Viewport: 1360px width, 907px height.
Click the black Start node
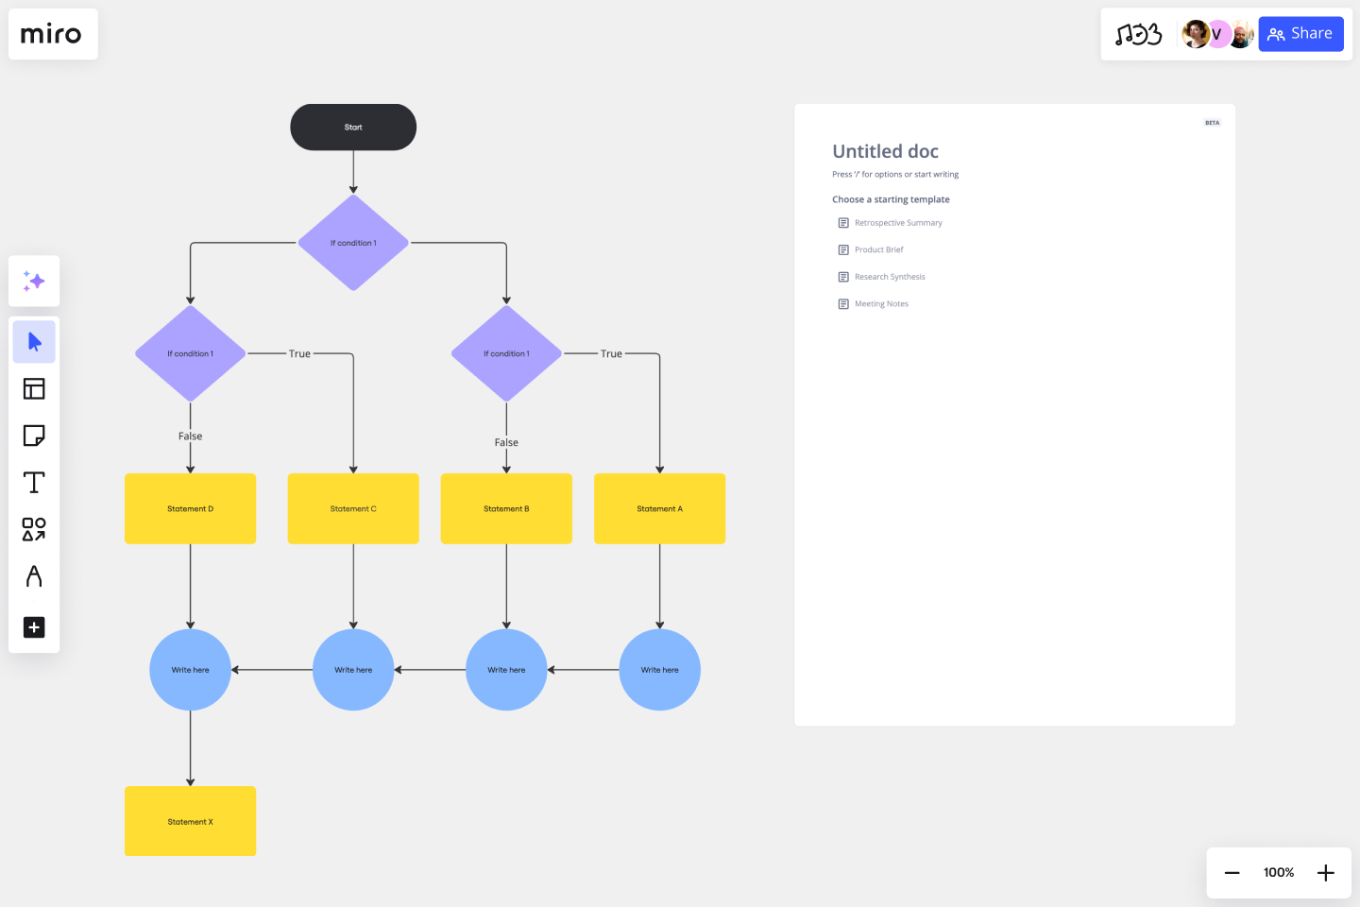point(353,128)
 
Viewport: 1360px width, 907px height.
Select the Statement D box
point(190,508)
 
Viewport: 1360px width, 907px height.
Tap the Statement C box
point(353,508)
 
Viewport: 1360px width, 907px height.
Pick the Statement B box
point(506,508)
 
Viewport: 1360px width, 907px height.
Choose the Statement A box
point(659,508)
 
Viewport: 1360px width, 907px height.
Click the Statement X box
point(190,821)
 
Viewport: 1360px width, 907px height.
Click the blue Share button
point(1300,34)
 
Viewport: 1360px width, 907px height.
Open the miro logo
point(52,35)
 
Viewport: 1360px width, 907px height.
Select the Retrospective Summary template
point(897,223)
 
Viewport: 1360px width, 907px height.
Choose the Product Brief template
point(878,250)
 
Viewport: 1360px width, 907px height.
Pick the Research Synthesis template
point(889,277)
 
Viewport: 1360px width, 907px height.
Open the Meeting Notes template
point(880,304)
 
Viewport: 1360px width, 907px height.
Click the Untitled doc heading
point(885,151)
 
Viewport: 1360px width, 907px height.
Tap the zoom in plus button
point(1326,873)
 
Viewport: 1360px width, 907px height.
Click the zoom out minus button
point(1232,873)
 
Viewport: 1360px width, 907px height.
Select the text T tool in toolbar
point(34,483)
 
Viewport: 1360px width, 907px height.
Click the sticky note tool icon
point(34,436)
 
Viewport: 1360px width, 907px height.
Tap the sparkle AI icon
point(34,281)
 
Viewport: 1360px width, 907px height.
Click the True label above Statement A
point(611,354)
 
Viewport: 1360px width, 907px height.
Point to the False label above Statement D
point(190,436)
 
